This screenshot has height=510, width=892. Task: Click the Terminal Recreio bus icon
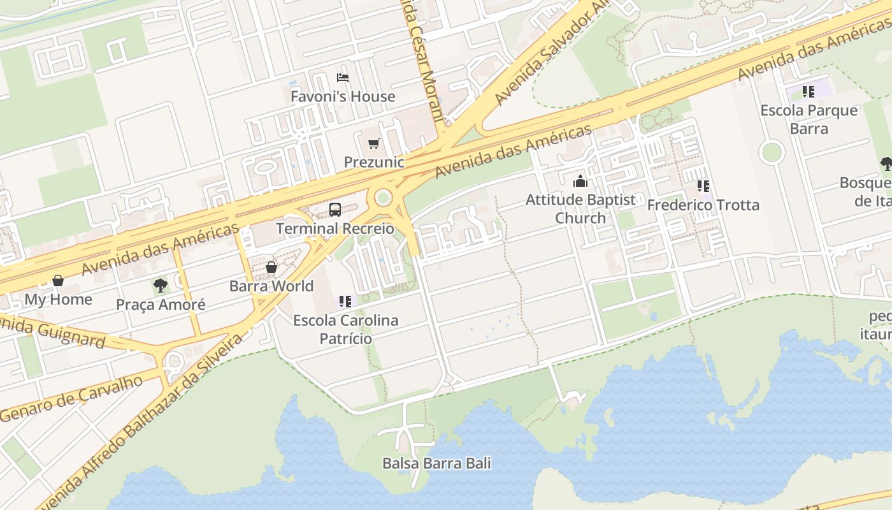tap(335, 209)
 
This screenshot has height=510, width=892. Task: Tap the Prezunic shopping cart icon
tap(373, 144)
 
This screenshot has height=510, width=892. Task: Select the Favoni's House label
tap(343, 97)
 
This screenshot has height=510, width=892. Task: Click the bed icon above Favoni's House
tap(343, 78)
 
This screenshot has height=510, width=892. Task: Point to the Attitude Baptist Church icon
tap(580, 182)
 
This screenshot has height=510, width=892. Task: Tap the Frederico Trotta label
tap(703, 205)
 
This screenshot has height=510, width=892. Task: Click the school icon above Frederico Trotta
tap(703, 186)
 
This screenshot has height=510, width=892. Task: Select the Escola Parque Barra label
tap(809, 119)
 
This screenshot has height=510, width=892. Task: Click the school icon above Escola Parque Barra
tap(809, 92)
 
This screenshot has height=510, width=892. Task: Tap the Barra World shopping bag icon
tap(271, 267)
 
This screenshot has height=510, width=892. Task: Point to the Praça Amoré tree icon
tap(161, 285)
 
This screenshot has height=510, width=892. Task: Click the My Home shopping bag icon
tap(58, 280)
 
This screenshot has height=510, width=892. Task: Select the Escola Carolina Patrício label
tap(345, 329)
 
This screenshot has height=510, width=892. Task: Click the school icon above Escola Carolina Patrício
tap(345, 301)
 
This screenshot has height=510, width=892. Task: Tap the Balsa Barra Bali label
tap(436, 463)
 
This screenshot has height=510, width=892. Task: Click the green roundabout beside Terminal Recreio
tap(383, 198)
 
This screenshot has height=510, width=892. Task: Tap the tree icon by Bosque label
tap(886, 164)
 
